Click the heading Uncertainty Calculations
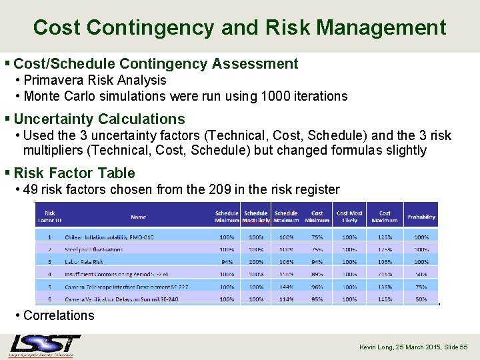coord(99,119)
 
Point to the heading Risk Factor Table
coord(74,173)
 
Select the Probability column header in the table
coord(421,217)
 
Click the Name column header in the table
coord(138,217)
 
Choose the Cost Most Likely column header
coord(349,217)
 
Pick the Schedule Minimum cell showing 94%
coord(227,262)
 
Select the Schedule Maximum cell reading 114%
coord(286,299)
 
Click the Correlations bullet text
coord(59,315)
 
